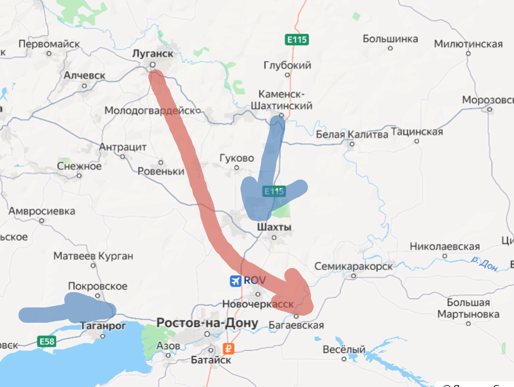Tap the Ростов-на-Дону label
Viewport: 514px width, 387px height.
[207, 323]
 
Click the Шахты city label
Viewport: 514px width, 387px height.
[274, 227]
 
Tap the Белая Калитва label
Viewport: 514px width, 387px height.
[352, 134]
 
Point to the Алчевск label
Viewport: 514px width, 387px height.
[84, 75]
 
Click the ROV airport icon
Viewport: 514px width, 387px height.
[235, 281]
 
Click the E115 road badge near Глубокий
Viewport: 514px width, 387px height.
[297, 39]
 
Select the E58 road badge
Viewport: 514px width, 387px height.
[46, 342]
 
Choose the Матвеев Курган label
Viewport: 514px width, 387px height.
[93, 256]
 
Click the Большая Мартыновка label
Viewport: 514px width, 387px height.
[468, 308]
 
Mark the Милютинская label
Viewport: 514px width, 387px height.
[468, 44]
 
